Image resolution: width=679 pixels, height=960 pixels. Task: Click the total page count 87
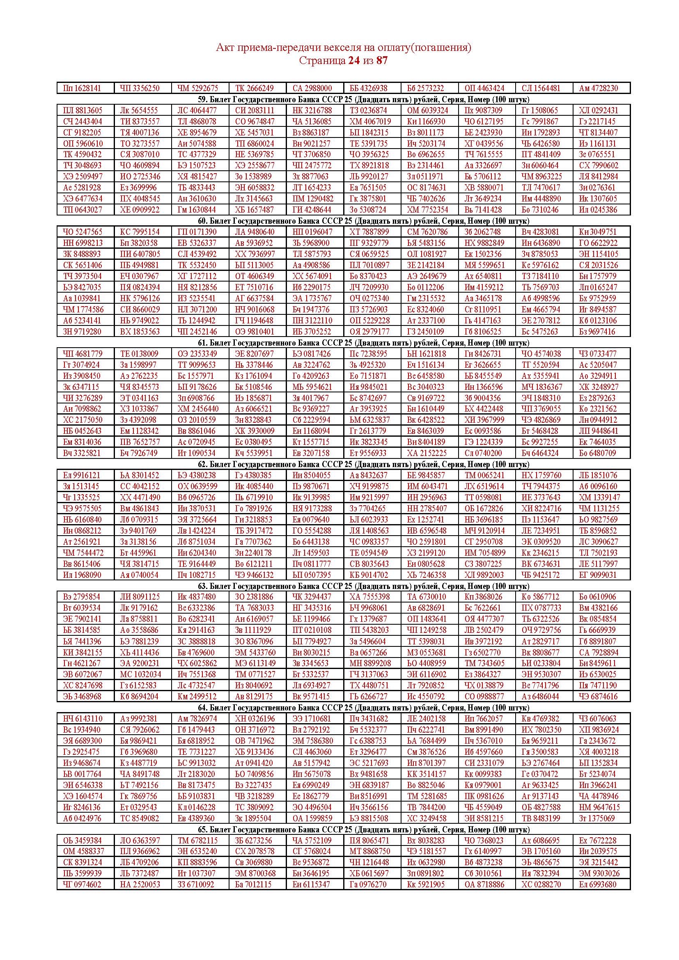(x=382, y=61)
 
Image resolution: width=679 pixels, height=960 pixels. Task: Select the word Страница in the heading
(x=322, y=61)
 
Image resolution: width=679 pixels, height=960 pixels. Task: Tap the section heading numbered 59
(x=363, y=99)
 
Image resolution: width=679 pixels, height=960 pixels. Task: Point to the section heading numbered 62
(x=363, y=464)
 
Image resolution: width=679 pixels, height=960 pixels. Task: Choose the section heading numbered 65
(x=363, y=829)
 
